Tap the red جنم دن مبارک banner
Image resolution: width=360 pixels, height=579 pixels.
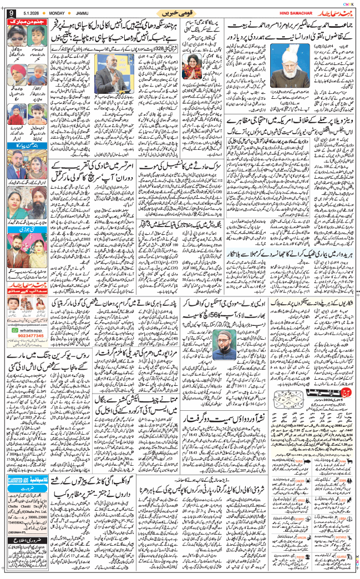(28, 20)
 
